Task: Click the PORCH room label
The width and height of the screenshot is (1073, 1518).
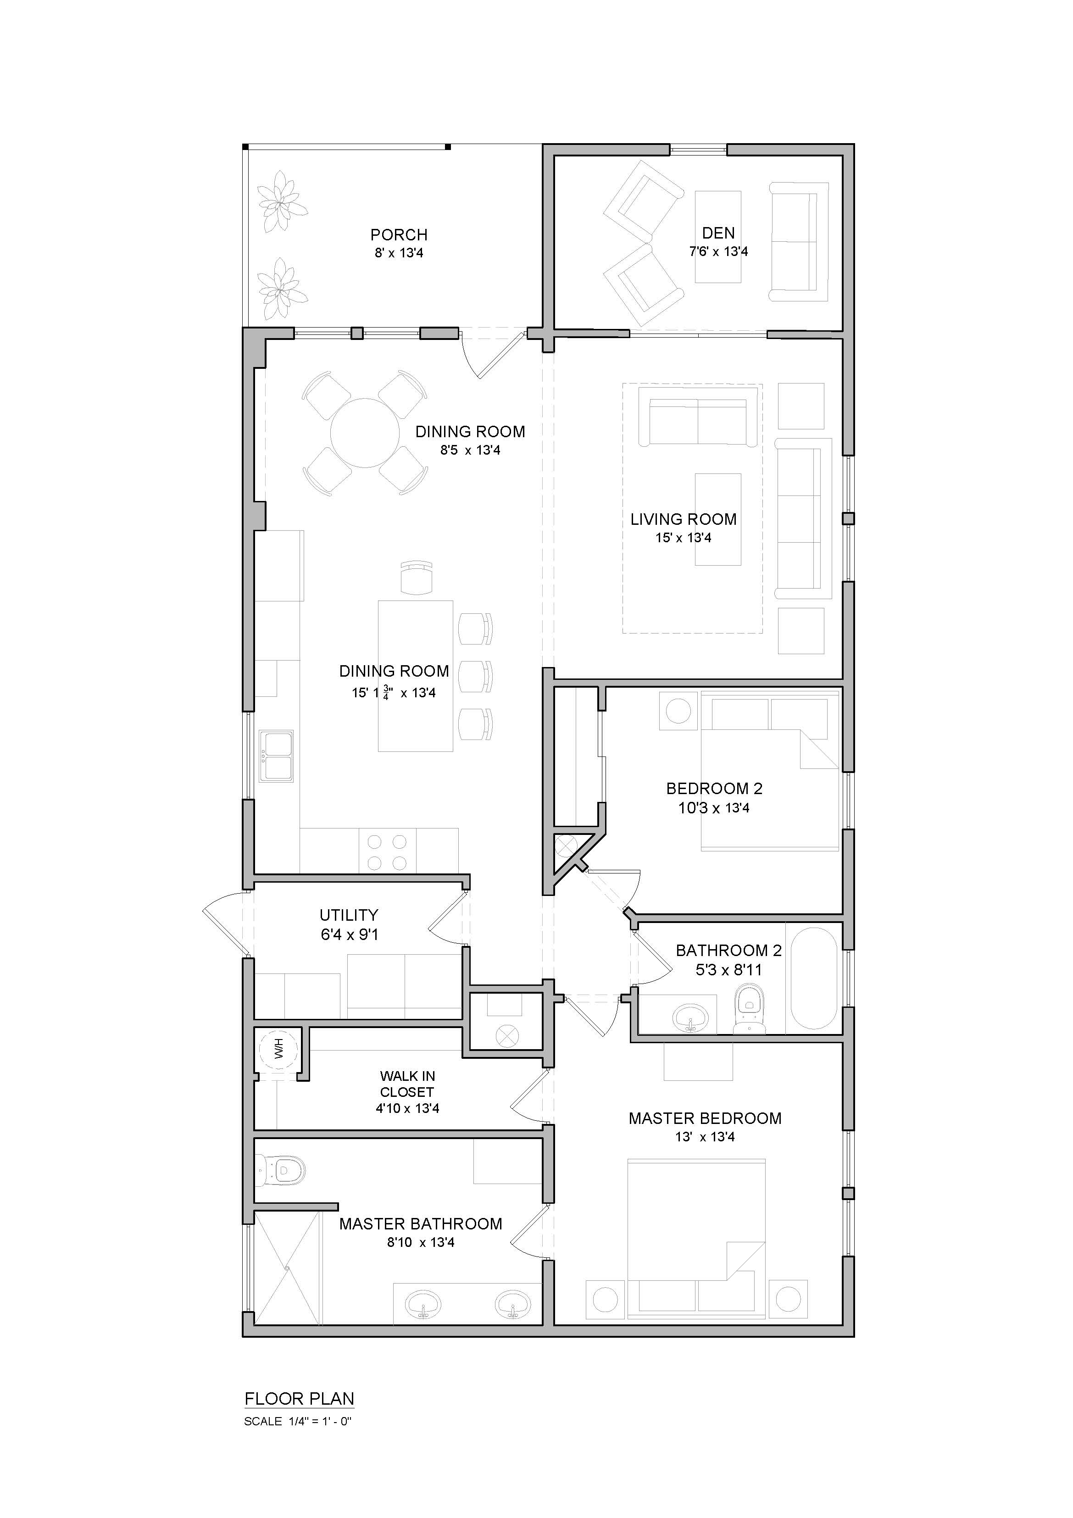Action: (399, 235)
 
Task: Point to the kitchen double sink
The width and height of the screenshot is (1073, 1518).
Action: (276, 756)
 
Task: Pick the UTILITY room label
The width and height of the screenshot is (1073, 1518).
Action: (349, 915)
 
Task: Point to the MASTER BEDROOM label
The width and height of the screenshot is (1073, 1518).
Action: (705, 1118)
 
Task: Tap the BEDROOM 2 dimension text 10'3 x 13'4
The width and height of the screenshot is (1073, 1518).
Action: (714, 807)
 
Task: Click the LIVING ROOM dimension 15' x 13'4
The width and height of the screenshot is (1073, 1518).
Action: (684, 538)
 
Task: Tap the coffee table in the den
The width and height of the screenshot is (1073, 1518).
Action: (717, 237)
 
